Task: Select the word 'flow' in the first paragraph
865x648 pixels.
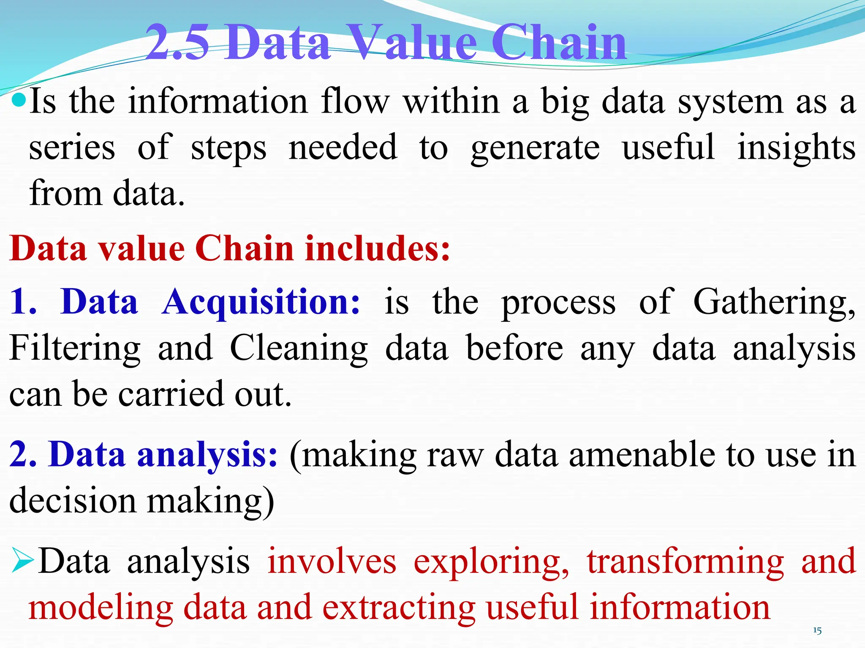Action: [355, 102]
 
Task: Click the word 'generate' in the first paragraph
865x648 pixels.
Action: [535, 148]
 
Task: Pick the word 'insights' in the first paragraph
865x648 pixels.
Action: [796, 148]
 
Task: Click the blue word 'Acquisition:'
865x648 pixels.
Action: [261, 302]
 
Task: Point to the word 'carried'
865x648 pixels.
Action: [170, 394]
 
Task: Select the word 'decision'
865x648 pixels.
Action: [72, 501]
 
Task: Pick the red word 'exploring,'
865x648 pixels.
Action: [491, 562]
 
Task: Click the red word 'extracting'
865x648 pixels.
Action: [399, 608]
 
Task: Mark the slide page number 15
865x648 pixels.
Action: [817, 631]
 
